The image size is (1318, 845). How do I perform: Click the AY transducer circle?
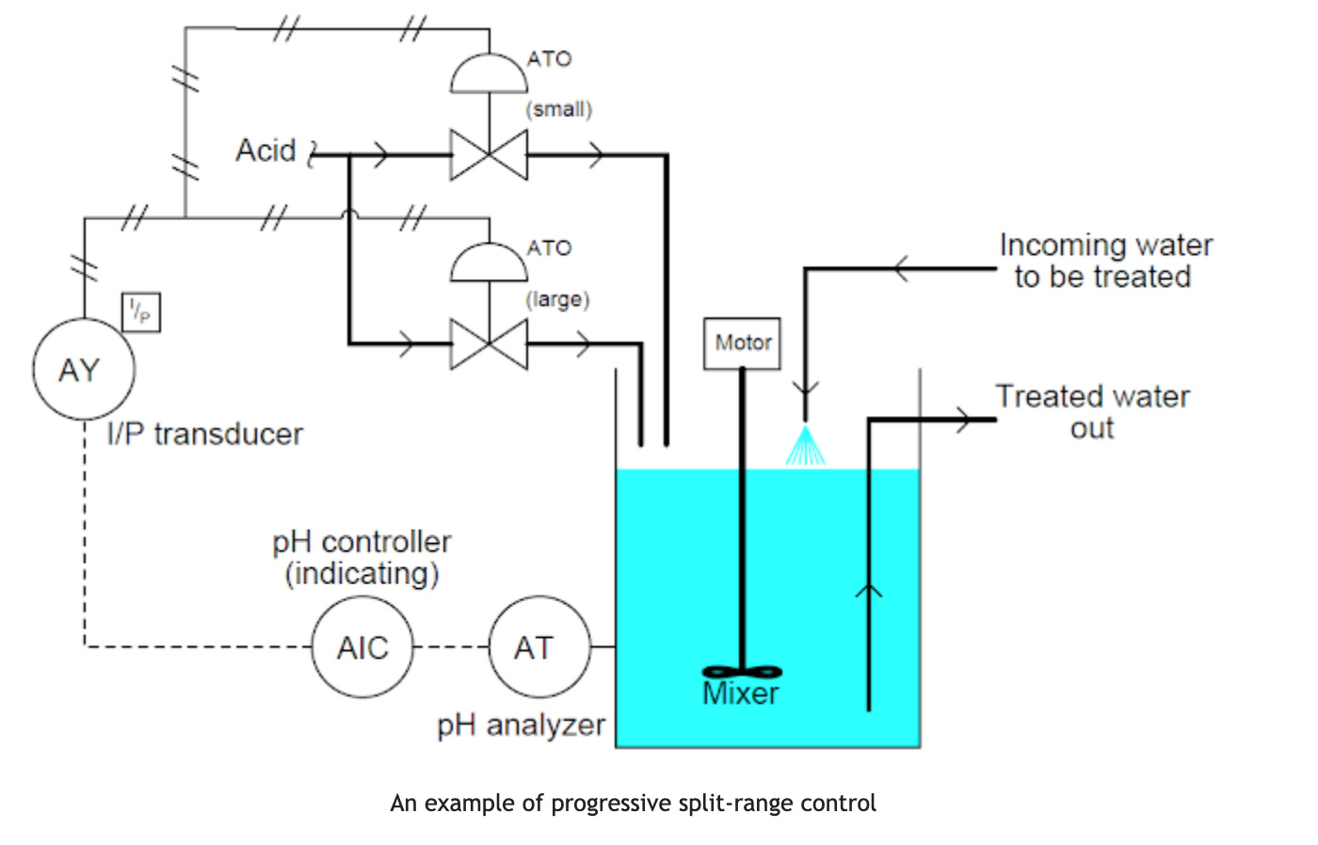coord(84,370)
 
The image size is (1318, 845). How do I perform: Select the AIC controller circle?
coord(362,647)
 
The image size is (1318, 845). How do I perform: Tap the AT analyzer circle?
coord(539,647)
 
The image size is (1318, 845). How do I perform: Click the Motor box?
coord(742,343)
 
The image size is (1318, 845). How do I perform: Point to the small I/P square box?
coord(141,312)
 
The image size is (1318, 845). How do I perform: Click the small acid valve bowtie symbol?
coord(489,155)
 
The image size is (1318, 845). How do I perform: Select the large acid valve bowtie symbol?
coord(489,344)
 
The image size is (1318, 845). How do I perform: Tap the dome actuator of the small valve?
coord(489,75)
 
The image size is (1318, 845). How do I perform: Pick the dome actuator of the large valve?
coord(489,264)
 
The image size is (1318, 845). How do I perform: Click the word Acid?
coord(265,151)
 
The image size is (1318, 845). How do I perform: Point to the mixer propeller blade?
coord(742,672)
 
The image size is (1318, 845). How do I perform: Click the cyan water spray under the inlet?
coord(805,448)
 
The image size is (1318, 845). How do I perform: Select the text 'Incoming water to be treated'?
coord(1104,261)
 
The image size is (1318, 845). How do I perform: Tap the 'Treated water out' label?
coord(1092,411)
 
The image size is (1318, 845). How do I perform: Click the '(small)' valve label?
coord(559,109)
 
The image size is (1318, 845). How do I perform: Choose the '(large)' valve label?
coord(557,299)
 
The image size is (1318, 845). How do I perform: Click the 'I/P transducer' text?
coord(205,434)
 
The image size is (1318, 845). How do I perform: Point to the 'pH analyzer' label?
coord(521,725)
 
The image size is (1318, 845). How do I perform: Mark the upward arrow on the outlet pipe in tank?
coord(868,591)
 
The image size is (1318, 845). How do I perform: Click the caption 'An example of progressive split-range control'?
coord(633,803)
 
